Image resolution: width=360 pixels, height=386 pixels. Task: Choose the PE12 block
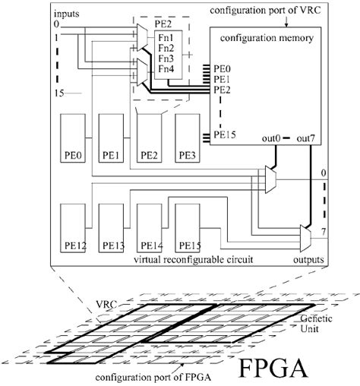[x=73, y=229]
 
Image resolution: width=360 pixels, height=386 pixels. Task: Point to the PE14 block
[x=149, y=229]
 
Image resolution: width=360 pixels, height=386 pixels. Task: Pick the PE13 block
[x=112, y=229]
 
